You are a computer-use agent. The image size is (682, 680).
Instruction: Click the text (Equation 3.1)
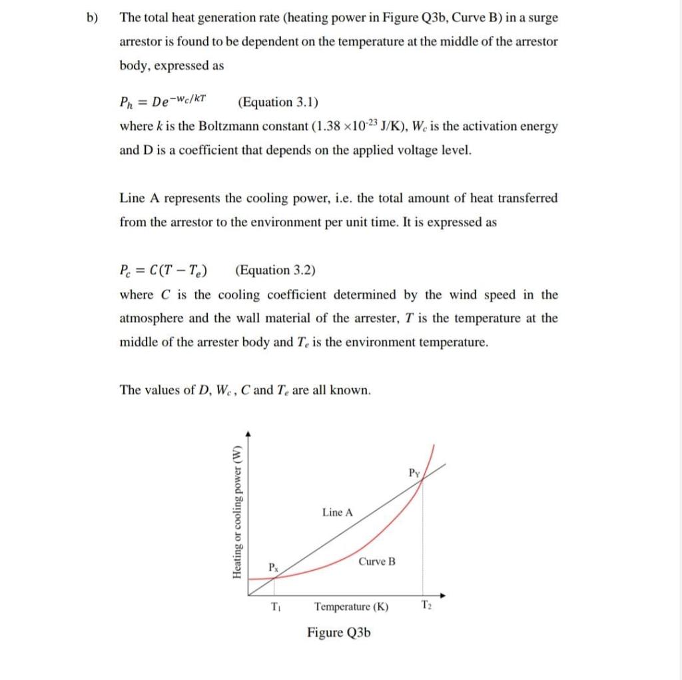tap(278, 102)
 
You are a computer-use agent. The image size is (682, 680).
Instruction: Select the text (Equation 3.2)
tap(275, 270)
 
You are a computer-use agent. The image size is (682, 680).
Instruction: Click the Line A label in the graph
tap(338, 512)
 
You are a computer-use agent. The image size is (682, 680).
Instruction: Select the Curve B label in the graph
tap(376, 561)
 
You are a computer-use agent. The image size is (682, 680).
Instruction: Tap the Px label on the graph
tap(273, 567)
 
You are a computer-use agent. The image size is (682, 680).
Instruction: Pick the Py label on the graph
tap(414, 474)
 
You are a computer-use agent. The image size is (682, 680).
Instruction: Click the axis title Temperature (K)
tap(351, 607)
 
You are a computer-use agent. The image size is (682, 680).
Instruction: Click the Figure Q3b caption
tap(338, 632)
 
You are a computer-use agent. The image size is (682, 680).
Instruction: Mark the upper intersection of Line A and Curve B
tap(422, 482)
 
